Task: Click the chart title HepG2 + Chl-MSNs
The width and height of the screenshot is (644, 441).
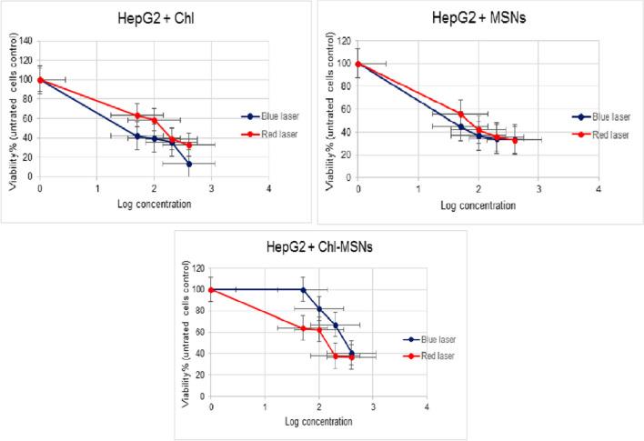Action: coord(319,247)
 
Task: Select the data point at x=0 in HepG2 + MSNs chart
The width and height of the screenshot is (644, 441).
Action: coord(358,64)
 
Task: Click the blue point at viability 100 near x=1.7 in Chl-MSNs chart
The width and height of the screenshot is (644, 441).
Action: coord(303,290)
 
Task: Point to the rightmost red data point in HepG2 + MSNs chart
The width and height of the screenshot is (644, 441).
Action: coord(515,140)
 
